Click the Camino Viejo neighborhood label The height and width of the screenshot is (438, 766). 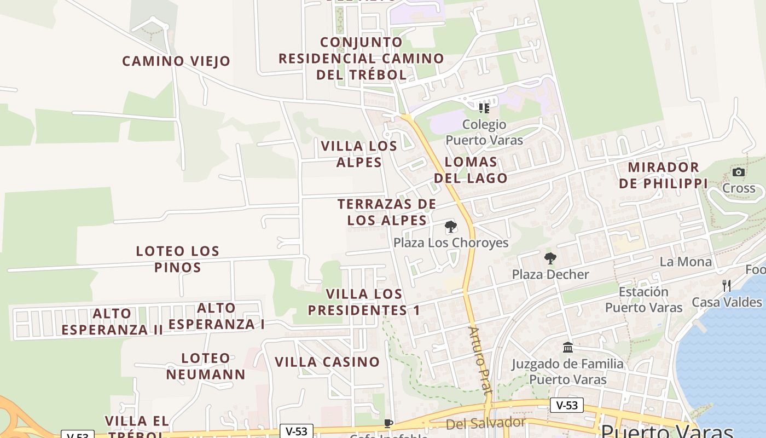tap(176, 61)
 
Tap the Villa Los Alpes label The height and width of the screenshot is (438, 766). tap(359, 154)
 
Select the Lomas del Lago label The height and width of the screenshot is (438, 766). tap(471, 170)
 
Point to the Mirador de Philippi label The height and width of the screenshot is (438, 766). tap(663, 175)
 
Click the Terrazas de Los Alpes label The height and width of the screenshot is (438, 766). tap(387, 212)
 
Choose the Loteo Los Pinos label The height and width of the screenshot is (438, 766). tap(177, 259)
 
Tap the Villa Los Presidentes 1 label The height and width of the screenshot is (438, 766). tap(364, 302)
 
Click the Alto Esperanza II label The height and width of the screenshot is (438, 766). tap(112, 321)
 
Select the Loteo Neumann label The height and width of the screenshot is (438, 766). tap(206, 366)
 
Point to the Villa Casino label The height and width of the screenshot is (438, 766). tap(327, 362)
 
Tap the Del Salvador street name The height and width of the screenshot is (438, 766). tap(485, 423)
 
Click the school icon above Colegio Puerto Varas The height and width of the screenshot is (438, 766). tap(484, 108)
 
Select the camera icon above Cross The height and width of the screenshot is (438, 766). tap(738, 172)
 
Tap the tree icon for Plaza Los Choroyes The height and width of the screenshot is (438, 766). tap(450, 227)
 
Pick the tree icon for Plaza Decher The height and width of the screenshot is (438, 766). tap(550, 258)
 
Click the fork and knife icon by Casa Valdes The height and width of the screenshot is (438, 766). tap(726, 285)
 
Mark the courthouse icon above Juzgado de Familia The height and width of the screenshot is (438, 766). tap(567, 348)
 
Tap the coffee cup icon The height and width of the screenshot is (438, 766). tap(388, 423)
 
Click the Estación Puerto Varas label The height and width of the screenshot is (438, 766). tap(643, 299)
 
